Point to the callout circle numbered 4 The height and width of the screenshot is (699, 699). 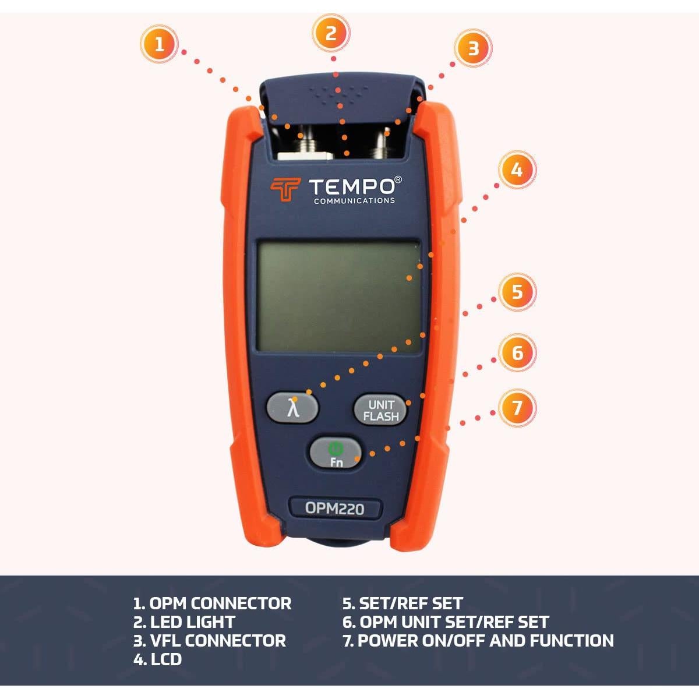point(517,170)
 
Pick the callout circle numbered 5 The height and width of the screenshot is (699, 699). point(517,291)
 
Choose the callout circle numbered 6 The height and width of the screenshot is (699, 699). point(517,352)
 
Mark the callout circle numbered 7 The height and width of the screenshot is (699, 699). point(517,407)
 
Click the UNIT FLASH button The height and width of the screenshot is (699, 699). point(381,410)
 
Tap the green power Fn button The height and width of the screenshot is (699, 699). point(335,453)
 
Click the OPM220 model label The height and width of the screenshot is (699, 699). point(335,509)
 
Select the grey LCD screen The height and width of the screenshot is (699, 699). point(339,296)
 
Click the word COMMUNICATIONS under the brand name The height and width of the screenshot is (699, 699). point(354,201)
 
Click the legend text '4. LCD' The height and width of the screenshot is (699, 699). point(157,659)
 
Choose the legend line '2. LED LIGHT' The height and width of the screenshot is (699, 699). point(184,622)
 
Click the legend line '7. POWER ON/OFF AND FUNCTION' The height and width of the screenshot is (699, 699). point(478,641)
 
